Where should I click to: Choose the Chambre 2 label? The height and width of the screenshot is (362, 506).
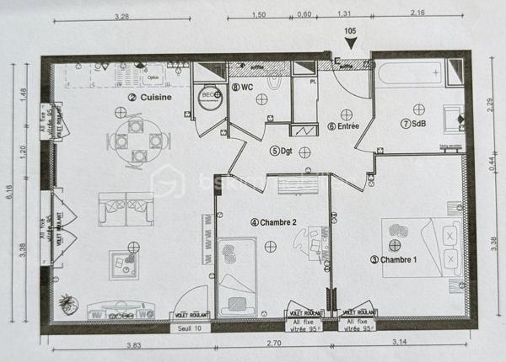(273, 222)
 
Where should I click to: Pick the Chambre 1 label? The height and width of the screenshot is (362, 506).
(394, 260)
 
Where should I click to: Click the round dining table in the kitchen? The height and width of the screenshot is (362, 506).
(135, 140)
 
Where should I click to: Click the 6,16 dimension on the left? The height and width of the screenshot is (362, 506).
(10, 193)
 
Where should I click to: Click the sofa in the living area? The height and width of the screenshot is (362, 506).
(126, 208)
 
